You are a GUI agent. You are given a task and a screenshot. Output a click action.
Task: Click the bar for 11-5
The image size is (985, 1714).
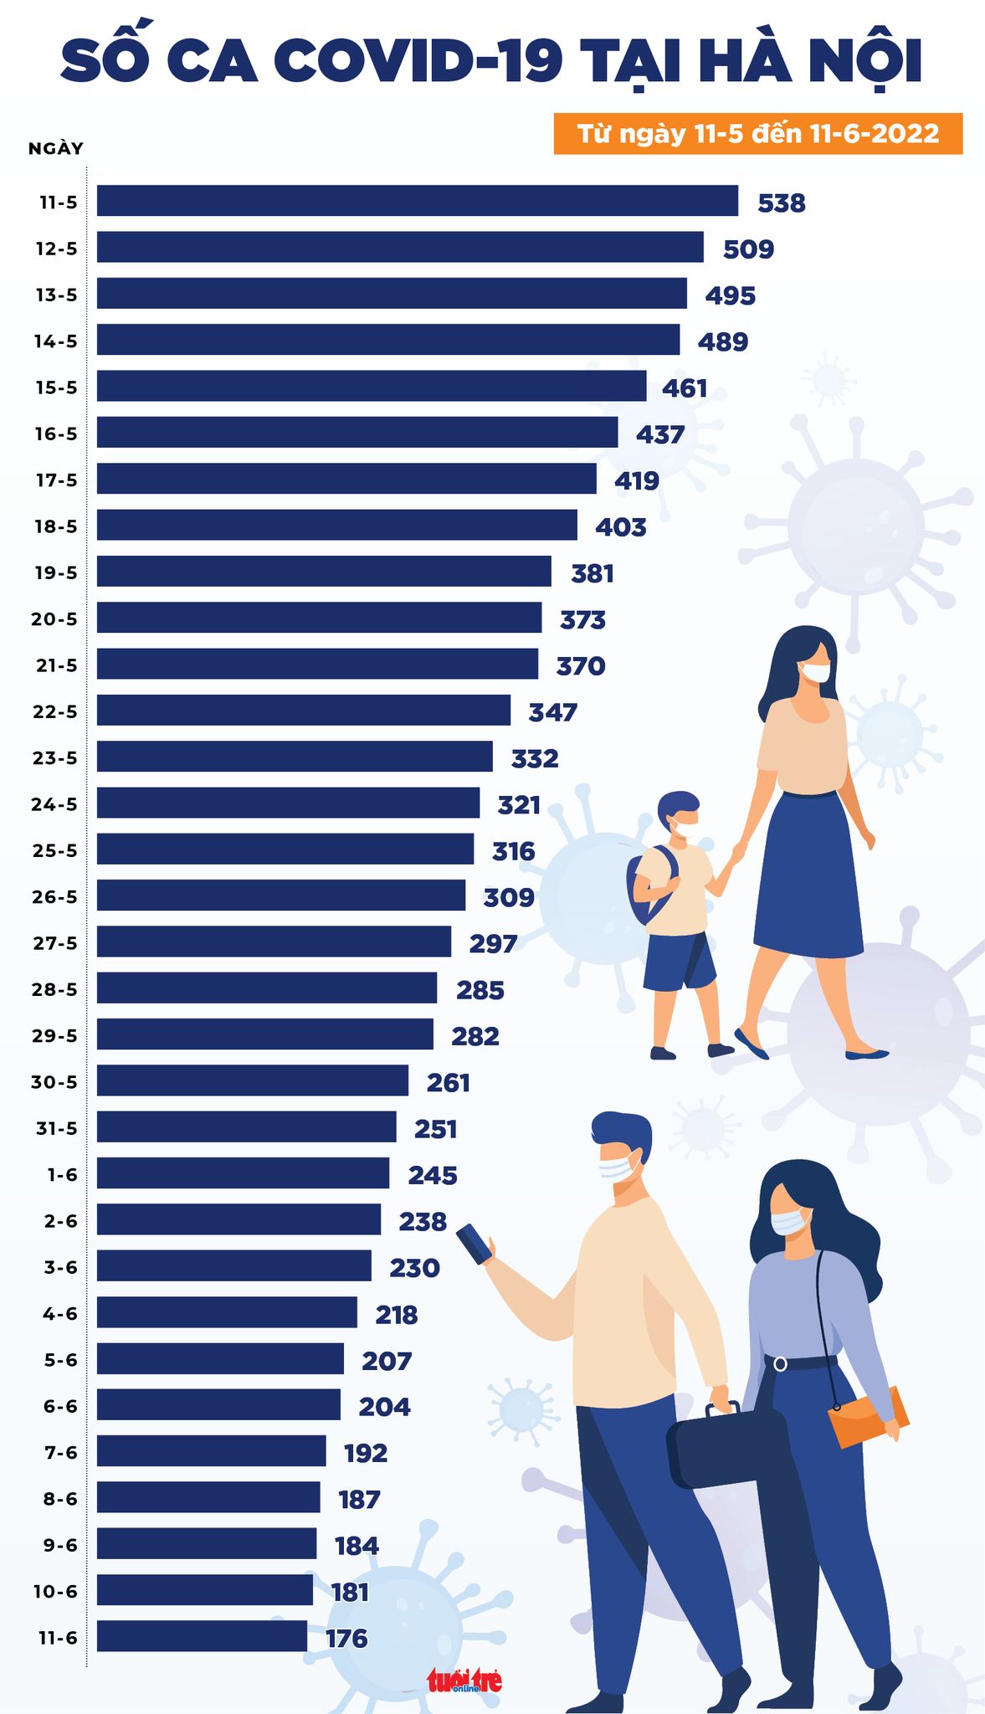417,201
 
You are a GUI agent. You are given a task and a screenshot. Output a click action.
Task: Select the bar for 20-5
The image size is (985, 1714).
319,618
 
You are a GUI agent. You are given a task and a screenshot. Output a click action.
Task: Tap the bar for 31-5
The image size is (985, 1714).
246,1126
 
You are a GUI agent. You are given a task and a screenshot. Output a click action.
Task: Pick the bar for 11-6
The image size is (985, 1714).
202,1635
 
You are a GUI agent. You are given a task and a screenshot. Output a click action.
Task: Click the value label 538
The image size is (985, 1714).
781,203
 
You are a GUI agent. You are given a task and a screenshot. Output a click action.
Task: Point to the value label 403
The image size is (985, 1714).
620,527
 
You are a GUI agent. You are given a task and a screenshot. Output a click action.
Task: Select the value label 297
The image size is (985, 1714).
493,944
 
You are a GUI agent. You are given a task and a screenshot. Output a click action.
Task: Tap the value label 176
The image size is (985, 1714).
346,1638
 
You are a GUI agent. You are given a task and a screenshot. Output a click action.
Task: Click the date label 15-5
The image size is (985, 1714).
56,387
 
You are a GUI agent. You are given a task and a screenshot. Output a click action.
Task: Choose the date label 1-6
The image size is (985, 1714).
62,1174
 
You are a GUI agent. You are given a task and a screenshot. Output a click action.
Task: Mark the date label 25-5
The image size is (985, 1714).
54,850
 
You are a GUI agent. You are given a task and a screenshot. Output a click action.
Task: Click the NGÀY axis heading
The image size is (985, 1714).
56,149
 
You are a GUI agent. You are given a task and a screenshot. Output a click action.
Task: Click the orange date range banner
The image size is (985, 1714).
757,134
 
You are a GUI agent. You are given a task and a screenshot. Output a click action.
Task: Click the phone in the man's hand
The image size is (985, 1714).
475,1244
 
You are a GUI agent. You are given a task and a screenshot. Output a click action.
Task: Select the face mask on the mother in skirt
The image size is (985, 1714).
814,671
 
